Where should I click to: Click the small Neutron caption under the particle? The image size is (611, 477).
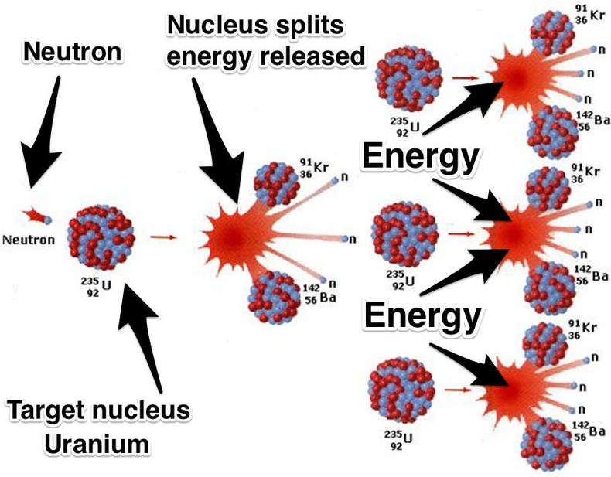tap(29, 239)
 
